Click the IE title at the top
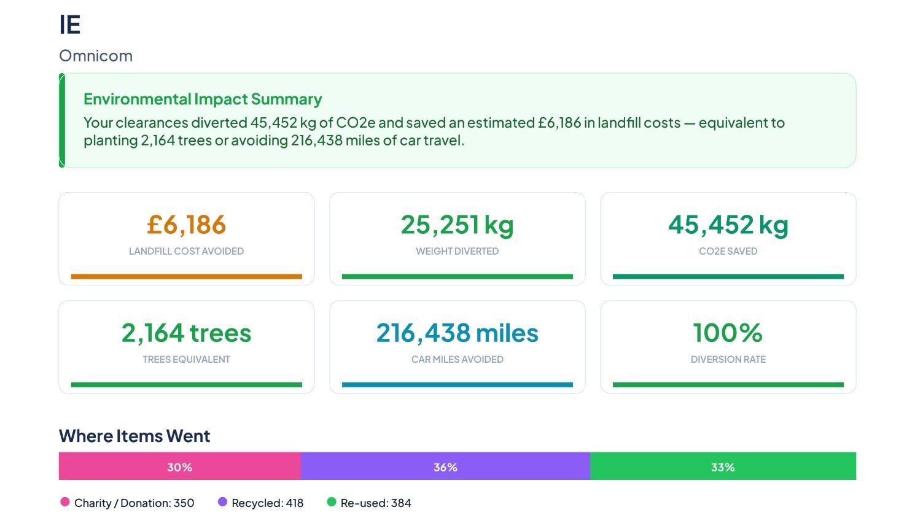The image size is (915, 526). coord(70,25)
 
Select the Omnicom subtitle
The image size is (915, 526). coord(96,56)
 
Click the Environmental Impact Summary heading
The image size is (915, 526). coord(203,99)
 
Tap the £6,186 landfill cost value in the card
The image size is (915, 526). coord(186,224)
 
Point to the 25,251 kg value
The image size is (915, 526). coord(457,225)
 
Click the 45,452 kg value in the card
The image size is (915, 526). coord(728,225)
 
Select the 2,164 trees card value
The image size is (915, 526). coord(186,333)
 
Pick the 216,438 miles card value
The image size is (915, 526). coord(457,333)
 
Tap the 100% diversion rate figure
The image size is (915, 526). coord(728,333)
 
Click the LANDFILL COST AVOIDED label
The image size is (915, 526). coord(186,251)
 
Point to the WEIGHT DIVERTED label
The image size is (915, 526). coord(457,251)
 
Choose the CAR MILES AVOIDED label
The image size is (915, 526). coord(457,360)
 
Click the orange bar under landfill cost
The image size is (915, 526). coord(186,276)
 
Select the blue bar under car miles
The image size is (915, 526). coord(457,385)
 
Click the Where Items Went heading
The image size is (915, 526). coord(134,436)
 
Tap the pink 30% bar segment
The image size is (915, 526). coord(180,466)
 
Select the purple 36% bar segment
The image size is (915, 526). coord(446,466)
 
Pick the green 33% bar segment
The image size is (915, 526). coord(723,466)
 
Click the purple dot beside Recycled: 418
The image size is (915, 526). coord(222,502)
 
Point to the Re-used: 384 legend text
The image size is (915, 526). coord(376,503)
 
